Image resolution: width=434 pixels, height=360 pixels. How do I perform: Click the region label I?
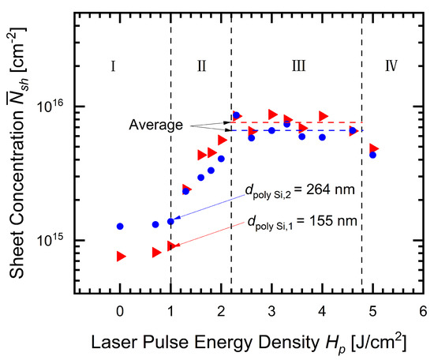tap(114, 66)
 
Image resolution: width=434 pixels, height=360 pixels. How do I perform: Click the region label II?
tap(202, 66)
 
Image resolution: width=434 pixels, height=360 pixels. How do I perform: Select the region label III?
tap(298, 66)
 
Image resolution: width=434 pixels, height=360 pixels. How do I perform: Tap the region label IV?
tap(391, 66)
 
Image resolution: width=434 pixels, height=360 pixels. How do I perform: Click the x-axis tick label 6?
tap(423, 310)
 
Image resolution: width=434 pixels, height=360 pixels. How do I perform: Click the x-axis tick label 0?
tap(120, 310)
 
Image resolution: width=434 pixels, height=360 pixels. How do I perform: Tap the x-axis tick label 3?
tap(271, 310)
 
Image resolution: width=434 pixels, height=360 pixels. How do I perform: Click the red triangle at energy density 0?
tap(121, 257)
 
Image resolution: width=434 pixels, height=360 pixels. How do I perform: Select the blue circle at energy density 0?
tap(120, 227)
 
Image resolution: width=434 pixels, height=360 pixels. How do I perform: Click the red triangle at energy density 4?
tap(324, 116)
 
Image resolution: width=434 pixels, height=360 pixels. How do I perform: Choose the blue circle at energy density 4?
tap(322, 137)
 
